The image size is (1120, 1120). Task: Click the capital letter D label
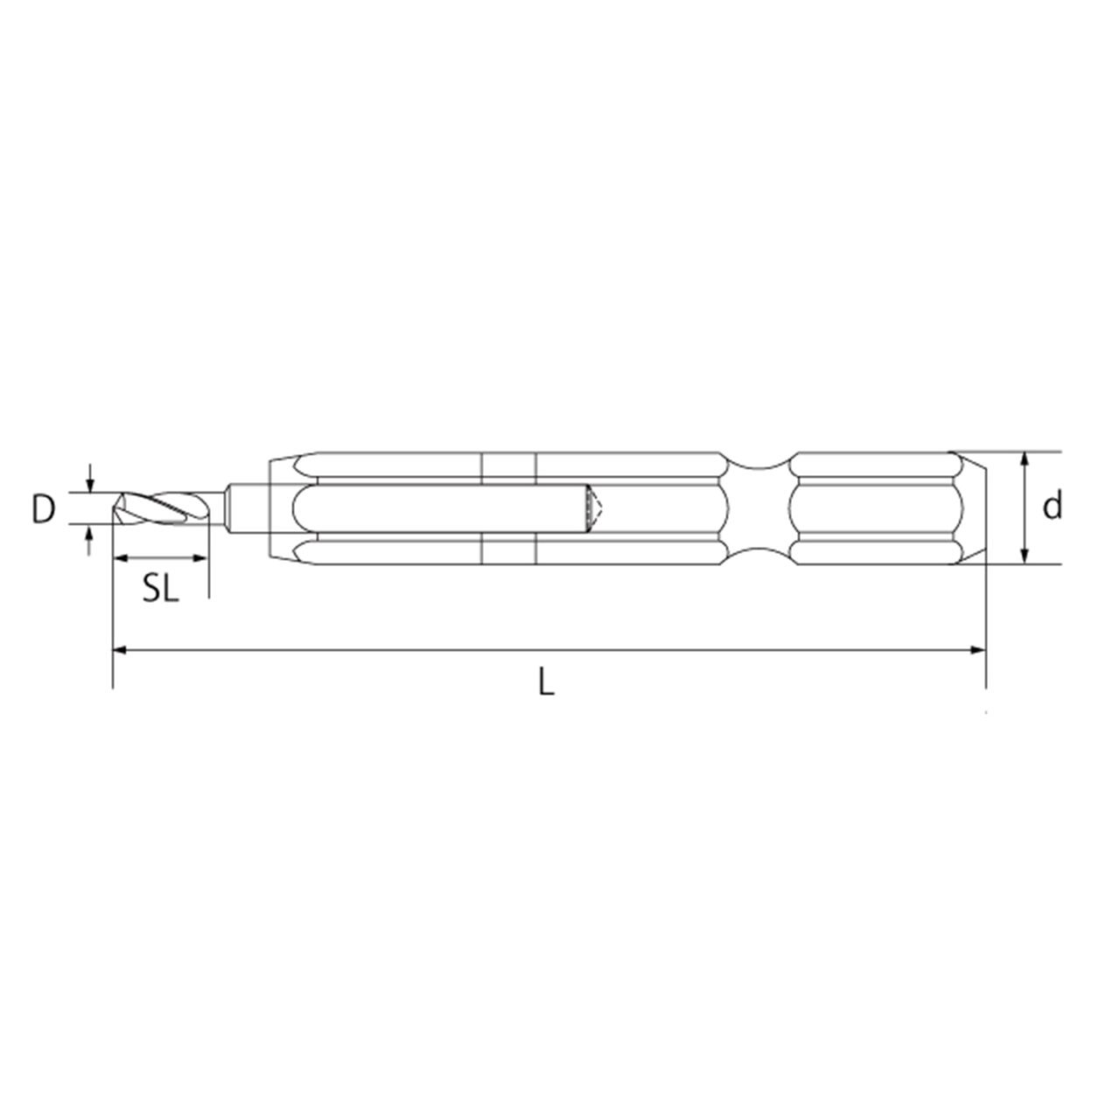tap(43, 510)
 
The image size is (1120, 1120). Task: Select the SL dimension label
tap(161, 590)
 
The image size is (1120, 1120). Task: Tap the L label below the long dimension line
tap(546, 681)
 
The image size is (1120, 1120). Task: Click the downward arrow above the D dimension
tap(89, 477)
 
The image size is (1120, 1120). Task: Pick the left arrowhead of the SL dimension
tap(120, 558)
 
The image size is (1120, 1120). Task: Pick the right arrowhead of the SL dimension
tap(200, 558)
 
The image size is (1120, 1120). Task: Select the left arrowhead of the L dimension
tap(120, 649)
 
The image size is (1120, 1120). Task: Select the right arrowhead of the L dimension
tap(979, 649)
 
